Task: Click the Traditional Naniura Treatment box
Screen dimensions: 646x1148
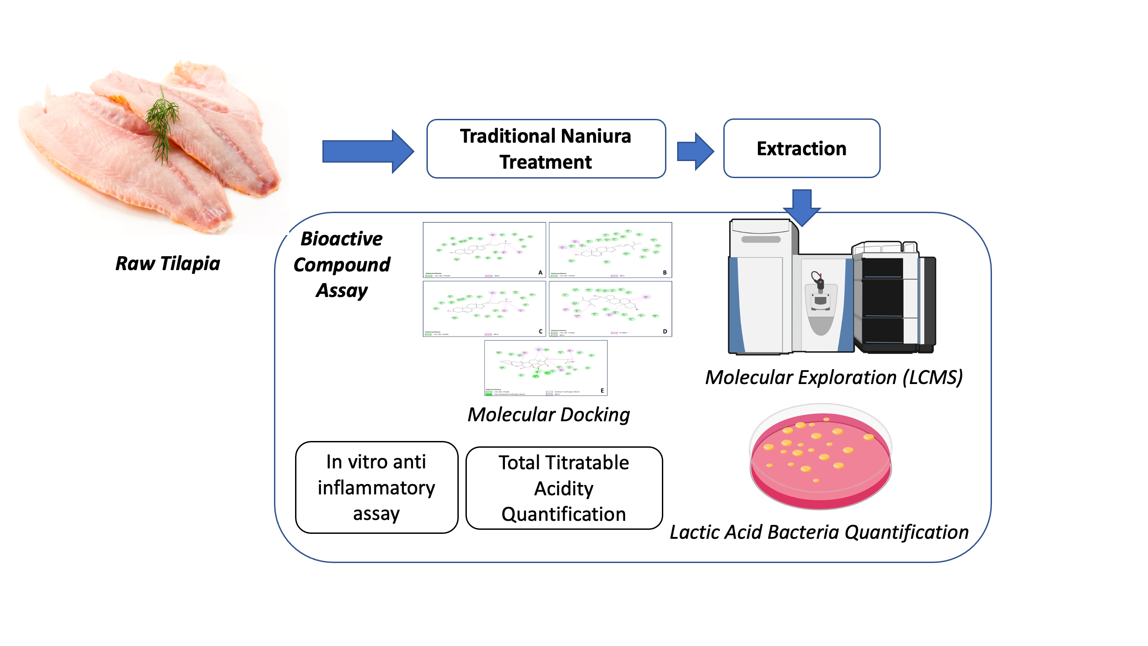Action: pyautogui.click(x=546, y=148)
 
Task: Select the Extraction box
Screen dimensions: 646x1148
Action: pyautogui.click(x=801, y=148)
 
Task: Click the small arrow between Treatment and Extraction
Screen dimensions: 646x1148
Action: pyautogui.click(x=695, y=151)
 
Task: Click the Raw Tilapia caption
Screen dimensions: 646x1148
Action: pyautogui.click(x=168, y=263)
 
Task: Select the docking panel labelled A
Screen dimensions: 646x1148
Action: pyautogui.click(x=484, y=250)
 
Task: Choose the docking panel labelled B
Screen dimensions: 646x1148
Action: pyautogui.click(x=610, y=250)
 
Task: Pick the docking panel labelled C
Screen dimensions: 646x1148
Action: pyautogui.click(x=484, y=309)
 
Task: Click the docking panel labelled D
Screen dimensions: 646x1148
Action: pyautogui.click(x=610, y=309)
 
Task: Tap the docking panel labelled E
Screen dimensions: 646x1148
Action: pyautogui.click(x=546, y=368)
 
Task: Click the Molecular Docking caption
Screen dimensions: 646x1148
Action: pyautogui.click(x=548, y=415)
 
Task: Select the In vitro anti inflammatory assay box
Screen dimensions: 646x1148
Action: pyautogui.click(x=376, y=488)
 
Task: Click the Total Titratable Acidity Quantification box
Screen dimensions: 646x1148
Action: pyautogui.click(x=564, y=488)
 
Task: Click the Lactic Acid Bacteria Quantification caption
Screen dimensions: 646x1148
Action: pyautogui.click(x=819, y=532)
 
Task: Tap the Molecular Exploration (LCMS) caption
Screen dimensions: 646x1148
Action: pyautogui.click(x=834, y=377)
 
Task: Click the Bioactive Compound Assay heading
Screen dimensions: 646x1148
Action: pyautogui.click(x=342, y=264)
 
